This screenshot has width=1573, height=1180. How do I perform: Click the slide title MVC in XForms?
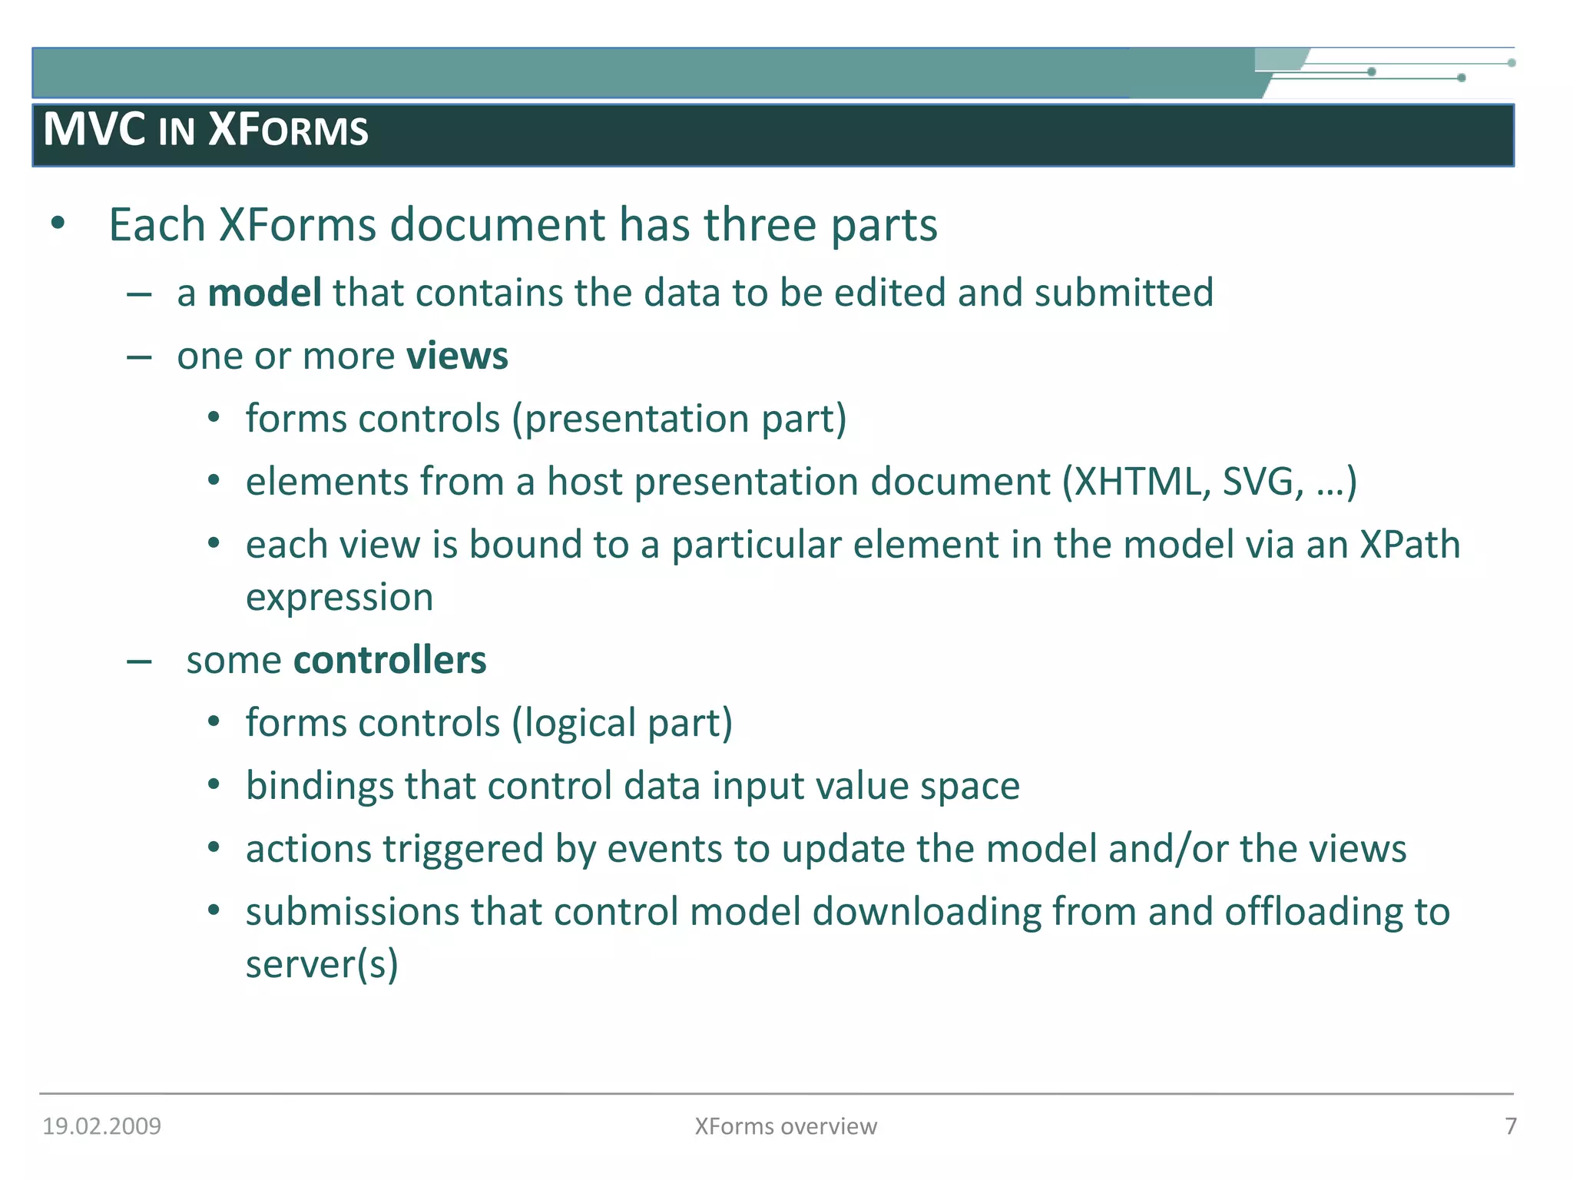coord(206,130)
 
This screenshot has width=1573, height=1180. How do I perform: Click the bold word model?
coord(264,293)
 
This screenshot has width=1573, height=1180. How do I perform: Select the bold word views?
coord(457,356)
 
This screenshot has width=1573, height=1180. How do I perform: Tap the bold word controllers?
coord(389,661)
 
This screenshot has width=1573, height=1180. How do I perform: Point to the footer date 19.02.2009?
coord(101,1126)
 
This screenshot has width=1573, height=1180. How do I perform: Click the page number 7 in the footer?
coord(1510,1126)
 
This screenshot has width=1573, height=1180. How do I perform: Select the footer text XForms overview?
coord(786,1126)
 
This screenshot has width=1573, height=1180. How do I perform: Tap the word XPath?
coord(1409,545)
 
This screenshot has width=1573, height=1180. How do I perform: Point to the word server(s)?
coord(322,965)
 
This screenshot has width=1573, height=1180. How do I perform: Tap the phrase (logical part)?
coord(622,724)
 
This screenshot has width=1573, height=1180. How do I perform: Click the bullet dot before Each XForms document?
coord(58,224)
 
